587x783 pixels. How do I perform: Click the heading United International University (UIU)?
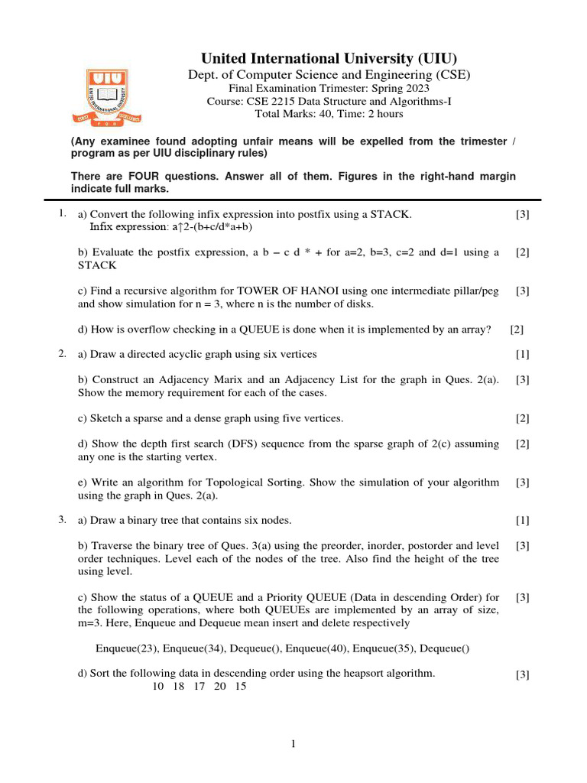pos(329,59)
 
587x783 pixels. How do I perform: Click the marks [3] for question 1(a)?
pos(523,215)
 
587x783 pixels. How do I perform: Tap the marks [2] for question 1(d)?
pos(517,330)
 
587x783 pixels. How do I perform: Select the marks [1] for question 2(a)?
pos(523,354)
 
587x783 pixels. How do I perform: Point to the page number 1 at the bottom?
pos(293,745)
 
